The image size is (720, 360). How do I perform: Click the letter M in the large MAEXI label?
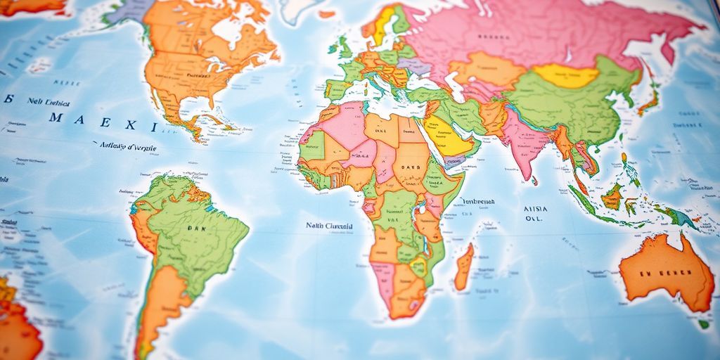click(x=55, y=118)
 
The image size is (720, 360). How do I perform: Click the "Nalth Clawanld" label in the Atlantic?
click(x=328, y=226)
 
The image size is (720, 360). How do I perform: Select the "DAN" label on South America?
click(x=193, y=229)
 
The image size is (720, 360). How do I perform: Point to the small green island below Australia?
click(x=703, y=324)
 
